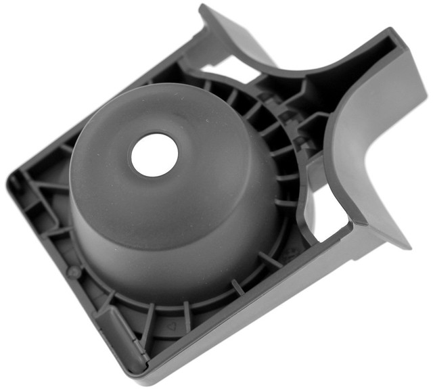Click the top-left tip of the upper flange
202,9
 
